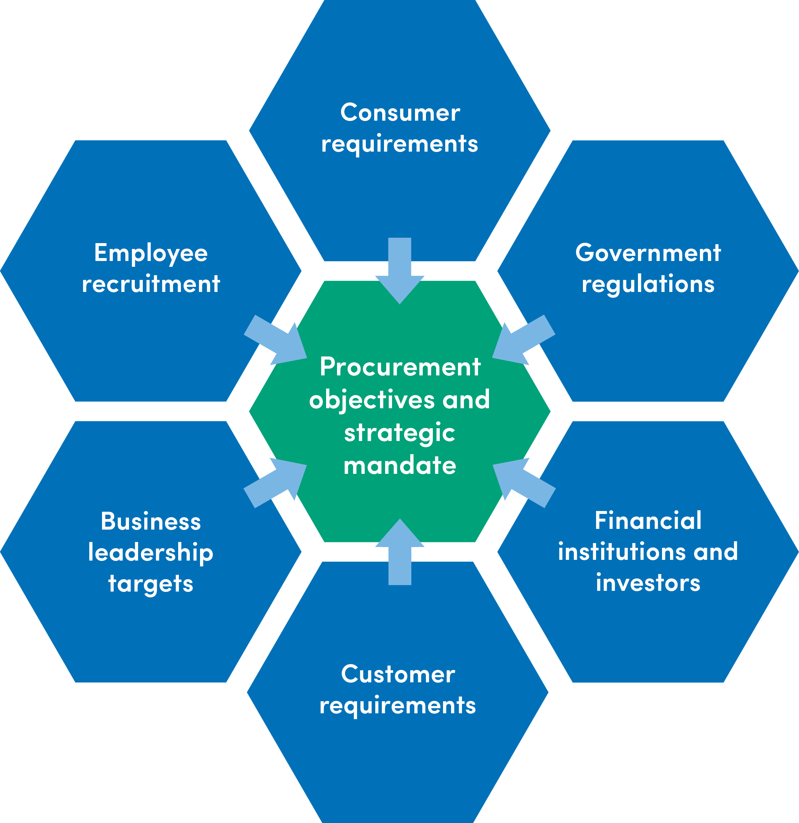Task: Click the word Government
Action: (x=648, y=253)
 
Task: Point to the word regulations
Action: (x=648, y=284)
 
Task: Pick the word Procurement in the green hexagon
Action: (x=400, y=367)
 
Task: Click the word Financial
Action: (x=648, y=521)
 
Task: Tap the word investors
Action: (x=648, y=583)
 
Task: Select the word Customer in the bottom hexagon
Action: (x=398, y=674)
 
